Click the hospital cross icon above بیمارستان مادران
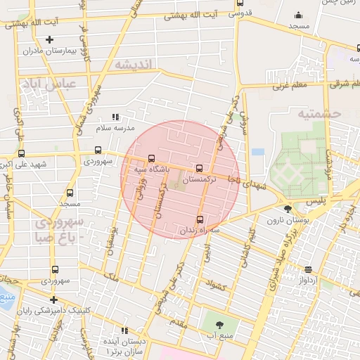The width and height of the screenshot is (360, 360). point(49,39)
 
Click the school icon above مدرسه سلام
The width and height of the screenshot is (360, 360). point(115,117)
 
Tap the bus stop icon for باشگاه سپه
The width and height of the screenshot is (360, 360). point(152,158)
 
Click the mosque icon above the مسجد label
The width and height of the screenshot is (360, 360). point(298,15)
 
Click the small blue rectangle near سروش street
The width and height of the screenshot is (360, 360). point(257,151)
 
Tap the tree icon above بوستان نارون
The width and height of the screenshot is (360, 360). point(287,208)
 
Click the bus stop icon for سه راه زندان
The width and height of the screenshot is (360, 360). point(200,219)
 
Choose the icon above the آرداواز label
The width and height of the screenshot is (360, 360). point(309,269)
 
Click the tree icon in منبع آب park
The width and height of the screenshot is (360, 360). point(219,324)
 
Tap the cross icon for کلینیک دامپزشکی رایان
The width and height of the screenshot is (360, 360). point(54,300)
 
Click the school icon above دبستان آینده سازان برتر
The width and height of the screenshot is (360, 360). point(124,330)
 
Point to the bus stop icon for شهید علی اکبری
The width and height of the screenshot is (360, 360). point(21,153)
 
